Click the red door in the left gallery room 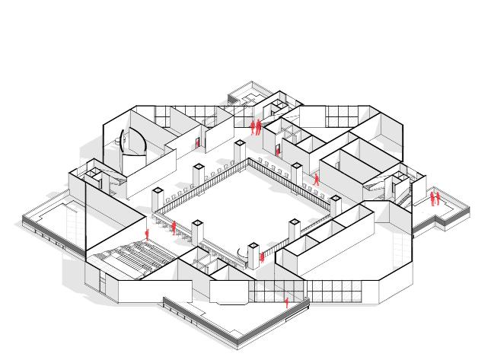(x=197, y=142)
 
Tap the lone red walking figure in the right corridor (x=316, y=180)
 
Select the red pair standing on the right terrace (x=434, y=199)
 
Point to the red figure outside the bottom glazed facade (x=286, y=302)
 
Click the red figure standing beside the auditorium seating (x=147, y=233)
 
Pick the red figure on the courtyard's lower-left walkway (x=174, y=226)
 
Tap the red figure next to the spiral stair (x=263, y=256)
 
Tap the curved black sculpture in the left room (x=122, y=141)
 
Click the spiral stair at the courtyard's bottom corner (x=252, y=250)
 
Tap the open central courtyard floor (x=244, y=205)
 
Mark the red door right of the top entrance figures (x=277, y=150)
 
